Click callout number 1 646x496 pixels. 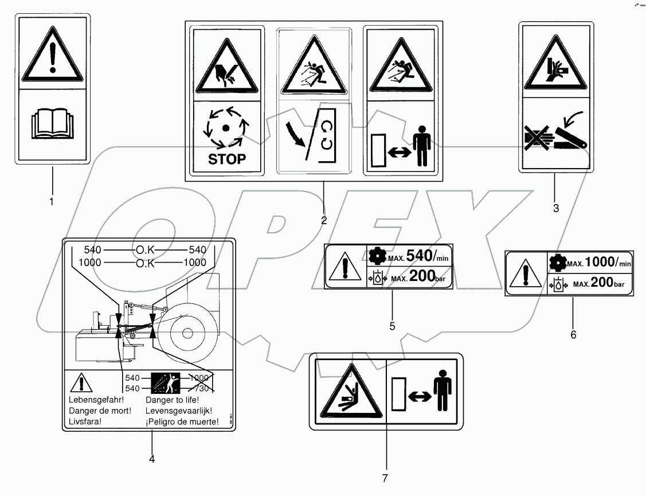tap(52, 202)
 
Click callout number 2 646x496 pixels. tap(324, 220)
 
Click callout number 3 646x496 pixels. tap(555, 208)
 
